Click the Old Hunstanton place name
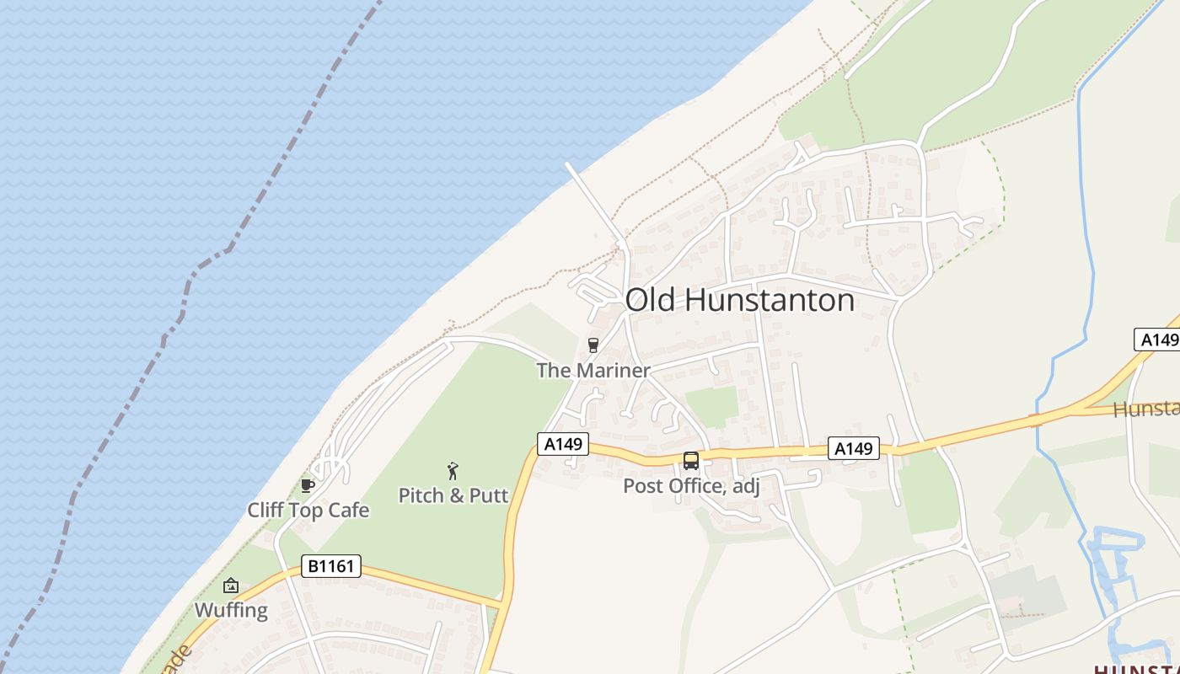coord(739,301)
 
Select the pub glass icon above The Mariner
coord(593,345)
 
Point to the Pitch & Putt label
coord(453,495)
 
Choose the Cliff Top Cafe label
coord(308,511)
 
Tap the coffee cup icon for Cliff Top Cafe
coord(307,485)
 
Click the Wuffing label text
coord(231,610)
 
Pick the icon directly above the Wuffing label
coord(230,586)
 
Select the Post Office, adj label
coord(691,486)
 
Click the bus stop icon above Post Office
coord(691,461)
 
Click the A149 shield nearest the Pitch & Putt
coord(562,444)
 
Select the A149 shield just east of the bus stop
coord(853,449)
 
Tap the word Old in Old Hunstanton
coord(650,301)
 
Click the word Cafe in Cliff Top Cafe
coord(349,511)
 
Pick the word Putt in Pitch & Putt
coord(490,495)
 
